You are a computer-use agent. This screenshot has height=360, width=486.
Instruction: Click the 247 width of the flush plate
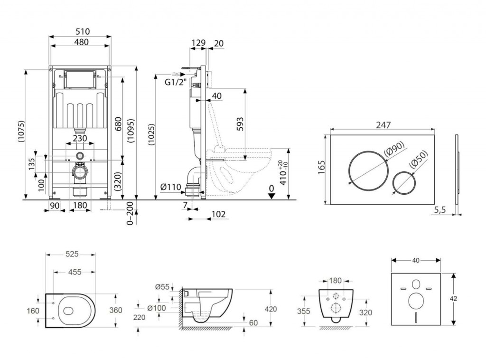(383, 125)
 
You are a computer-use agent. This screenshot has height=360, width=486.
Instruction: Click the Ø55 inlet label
(163, 286)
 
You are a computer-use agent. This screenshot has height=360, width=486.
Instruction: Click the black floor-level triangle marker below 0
(271, 197)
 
